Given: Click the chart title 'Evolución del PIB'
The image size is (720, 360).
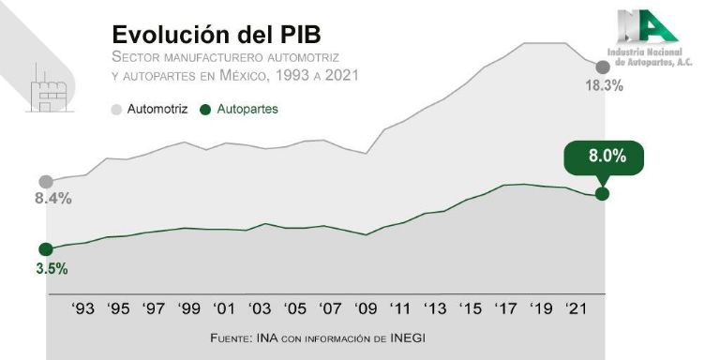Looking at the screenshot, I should click(216, 34).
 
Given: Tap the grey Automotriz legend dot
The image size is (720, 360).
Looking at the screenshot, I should click(116, 110).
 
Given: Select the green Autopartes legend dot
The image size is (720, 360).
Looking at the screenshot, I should click(206, 110).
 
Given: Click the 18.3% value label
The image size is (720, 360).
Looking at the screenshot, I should click(604, 85).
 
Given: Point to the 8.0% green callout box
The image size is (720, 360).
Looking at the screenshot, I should click(607, 157).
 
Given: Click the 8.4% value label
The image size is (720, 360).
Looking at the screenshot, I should click(53, 199).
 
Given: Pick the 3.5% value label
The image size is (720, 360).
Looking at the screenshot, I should click(52, 268).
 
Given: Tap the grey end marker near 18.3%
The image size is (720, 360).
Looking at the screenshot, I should click(602, 67).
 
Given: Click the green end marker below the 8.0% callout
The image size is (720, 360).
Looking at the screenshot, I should click(602, 193).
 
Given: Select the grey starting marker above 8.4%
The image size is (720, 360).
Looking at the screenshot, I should click(45, 182).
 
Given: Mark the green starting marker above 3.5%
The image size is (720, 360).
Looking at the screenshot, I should click(45, 249).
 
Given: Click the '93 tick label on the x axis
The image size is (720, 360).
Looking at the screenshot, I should click(82, 308).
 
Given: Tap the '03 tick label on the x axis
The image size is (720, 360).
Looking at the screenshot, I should click(259, 308).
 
